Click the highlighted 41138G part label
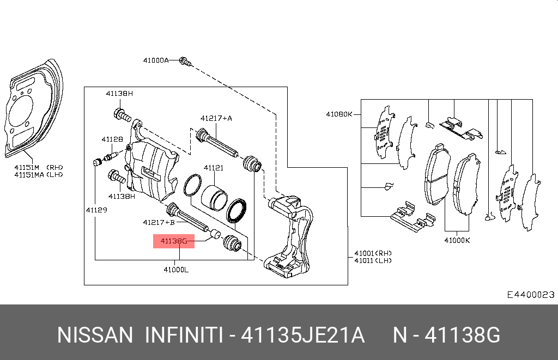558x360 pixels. pos(174,241)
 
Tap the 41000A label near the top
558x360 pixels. pos(156,60)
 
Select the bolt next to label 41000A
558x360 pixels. pos(185,62)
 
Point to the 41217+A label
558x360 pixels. pos(216,118)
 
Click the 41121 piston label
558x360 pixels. pos(214,168)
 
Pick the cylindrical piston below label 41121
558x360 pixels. pos(214,197)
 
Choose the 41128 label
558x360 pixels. pos(112,139)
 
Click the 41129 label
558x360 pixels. pos(96,210)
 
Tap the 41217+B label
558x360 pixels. pos(159,222)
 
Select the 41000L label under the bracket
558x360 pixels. pos(176,270)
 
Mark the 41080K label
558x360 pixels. pos(339,114)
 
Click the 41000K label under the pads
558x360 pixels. pos(457,240)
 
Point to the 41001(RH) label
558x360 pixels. pos(373,253)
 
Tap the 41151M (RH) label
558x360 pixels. pos(39,167)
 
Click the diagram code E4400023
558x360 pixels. pos(531,295)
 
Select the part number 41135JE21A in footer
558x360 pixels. pos(303,335)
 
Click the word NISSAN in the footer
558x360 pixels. pos(95,335)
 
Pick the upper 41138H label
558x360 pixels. pos(119,94)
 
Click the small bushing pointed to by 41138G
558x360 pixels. pos(215,234)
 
